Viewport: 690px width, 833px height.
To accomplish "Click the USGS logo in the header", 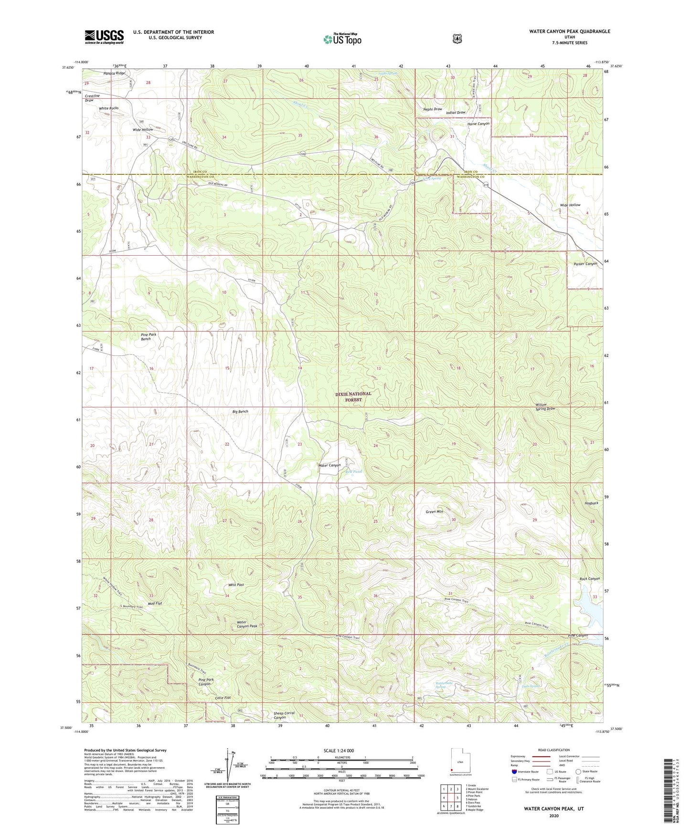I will tap(104, 37).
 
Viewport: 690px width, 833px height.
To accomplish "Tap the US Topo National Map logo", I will tap(342, 39).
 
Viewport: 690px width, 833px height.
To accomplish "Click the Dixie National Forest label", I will tap(353, 396).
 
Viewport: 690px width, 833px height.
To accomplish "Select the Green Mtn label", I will tap(434, 511).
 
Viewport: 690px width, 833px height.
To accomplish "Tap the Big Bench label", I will tap(240, 411).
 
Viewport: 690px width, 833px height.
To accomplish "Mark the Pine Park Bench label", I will tap(148, 336).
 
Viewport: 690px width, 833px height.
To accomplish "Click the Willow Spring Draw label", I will tap(545, 406).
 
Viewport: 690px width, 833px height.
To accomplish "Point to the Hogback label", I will tap(591, 503).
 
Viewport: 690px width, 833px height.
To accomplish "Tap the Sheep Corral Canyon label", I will tap(284, 715).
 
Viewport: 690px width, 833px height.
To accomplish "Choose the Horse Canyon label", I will tap(478, 124).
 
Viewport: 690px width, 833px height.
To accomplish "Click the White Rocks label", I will tap(108, 108).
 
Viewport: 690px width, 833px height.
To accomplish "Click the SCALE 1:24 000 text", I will tap(339, 750).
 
